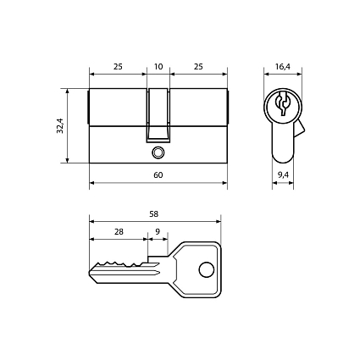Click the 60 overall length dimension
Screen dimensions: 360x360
[x=158, y=175]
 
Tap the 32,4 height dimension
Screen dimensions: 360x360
[x=60, y=125]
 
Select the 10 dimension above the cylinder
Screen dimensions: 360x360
[x=158, y=67]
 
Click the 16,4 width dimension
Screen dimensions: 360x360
[x=283, y=67]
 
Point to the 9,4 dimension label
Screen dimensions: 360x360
[x=283, y=175]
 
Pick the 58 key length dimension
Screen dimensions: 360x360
[x=154, y=214]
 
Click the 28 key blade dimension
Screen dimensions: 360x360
[x=119, y=232]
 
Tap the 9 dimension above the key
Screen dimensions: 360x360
[x=158, y=232]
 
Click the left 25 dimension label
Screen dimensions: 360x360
[x=118, y=67]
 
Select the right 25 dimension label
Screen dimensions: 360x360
[x=198, y=67]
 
